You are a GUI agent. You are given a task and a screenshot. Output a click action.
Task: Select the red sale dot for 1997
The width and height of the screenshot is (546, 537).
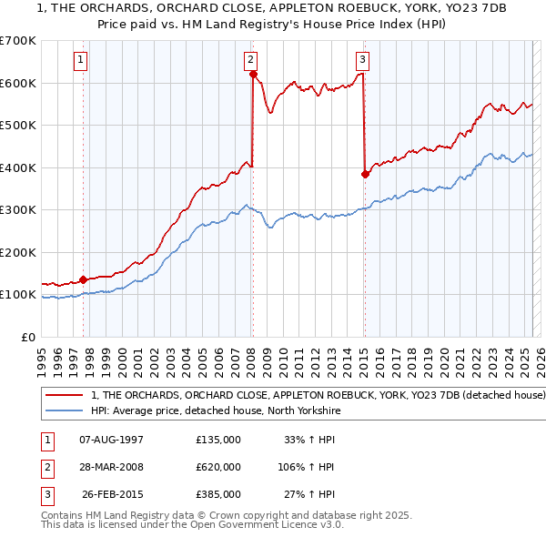point(83,279)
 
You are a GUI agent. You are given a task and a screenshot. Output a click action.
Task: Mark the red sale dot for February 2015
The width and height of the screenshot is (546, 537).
point(365,174)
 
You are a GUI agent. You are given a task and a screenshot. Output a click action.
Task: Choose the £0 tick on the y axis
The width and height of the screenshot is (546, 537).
point(27,337)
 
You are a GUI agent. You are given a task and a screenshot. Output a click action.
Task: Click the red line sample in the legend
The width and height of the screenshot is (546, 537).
point(65,396)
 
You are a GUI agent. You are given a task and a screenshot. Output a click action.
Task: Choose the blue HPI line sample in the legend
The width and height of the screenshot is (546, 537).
point(65,411)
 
